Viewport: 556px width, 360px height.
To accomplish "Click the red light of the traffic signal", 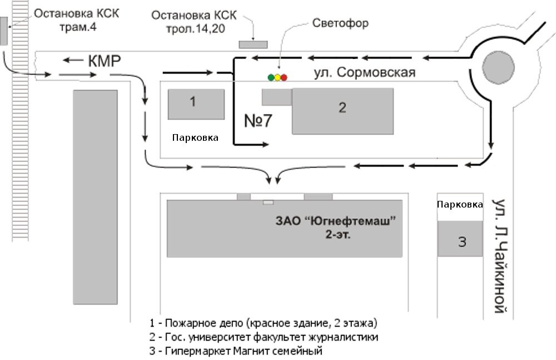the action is pyautogui.click(x=284, y=77).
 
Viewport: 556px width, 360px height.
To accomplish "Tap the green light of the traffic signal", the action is pyautogui.click(x=271, y=77).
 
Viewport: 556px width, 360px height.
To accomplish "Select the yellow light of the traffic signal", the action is pyautogui.click(x=277, y=77).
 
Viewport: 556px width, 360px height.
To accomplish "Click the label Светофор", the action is pyautogui.click(x=340, y=23).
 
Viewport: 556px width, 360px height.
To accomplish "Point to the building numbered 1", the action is pyautogui.click(x=196, y=105).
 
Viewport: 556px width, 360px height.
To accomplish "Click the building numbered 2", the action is pyautogui.click(x=342, y=111).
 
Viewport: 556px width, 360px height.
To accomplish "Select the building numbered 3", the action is pyautogui.click(x=460, y=239).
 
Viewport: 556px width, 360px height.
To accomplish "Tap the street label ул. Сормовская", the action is pyautogui.click(x=365, y=72).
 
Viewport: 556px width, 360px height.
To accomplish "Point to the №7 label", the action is pyautogui.click(x=258, y=121).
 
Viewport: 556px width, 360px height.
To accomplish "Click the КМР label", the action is pyautogui.click(x=105, y=61).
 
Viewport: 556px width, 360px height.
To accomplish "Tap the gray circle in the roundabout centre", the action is pyautogui.click(x=498, y=67).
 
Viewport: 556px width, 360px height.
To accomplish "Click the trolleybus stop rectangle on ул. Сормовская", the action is pyautogui.click(x=253, y=45).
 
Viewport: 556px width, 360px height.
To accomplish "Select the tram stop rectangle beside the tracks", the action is pyautogui.click(x=3, y=31).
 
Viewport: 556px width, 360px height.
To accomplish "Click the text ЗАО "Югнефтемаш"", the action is pyautogui.click(x=335, y=221).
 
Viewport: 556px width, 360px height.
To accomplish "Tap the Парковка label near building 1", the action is pyautogui.click(x=195, y=138).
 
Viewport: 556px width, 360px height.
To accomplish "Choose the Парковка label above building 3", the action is pyautogui.click(x=460, y=205).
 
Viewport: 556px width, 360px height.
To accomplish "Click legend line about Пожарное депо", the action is pyautogui.click(x=264, y=323).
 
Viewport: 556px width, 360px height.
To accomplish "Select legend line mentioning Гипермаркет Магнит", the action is pyautogui.click(x=236, y=351).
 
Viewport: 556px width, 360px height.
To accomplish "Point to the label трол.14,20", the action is pyautogui.click(x=195, y=29).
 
